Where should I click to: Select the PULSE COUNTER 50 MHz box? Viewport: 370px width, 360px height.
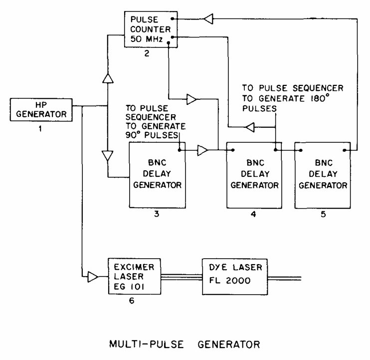coord(147,29)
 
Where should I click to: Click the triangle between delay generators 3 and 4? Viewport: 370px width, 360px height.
coord(203,149)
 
